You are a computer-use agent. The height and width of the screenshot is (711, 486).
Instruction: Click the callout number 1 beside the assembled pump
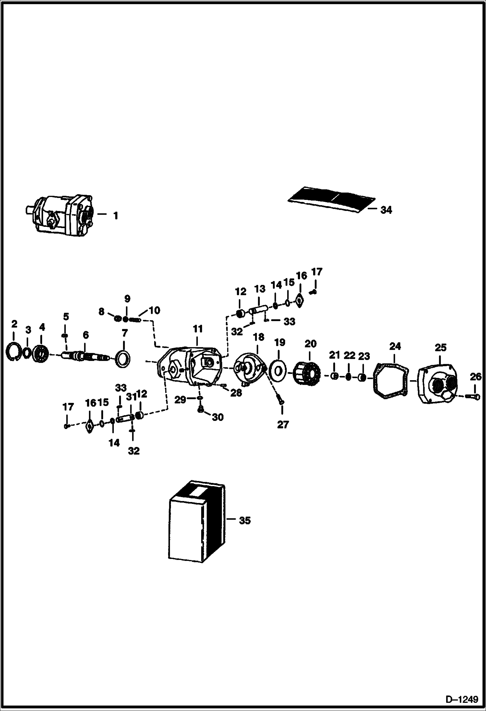pyautogui.click(x=115, y=215)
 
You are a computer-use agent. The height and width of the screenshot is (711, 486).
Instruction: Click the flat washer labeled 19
pyautogui.click(x=278, y=369)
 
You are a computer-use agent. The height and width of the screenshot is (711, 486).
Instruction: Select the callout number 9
pyautogui.click(x=127, y=298)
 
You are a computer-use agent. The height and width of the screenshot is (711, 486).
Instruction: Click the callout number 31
pyautogui.click(x=131, y=396)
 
